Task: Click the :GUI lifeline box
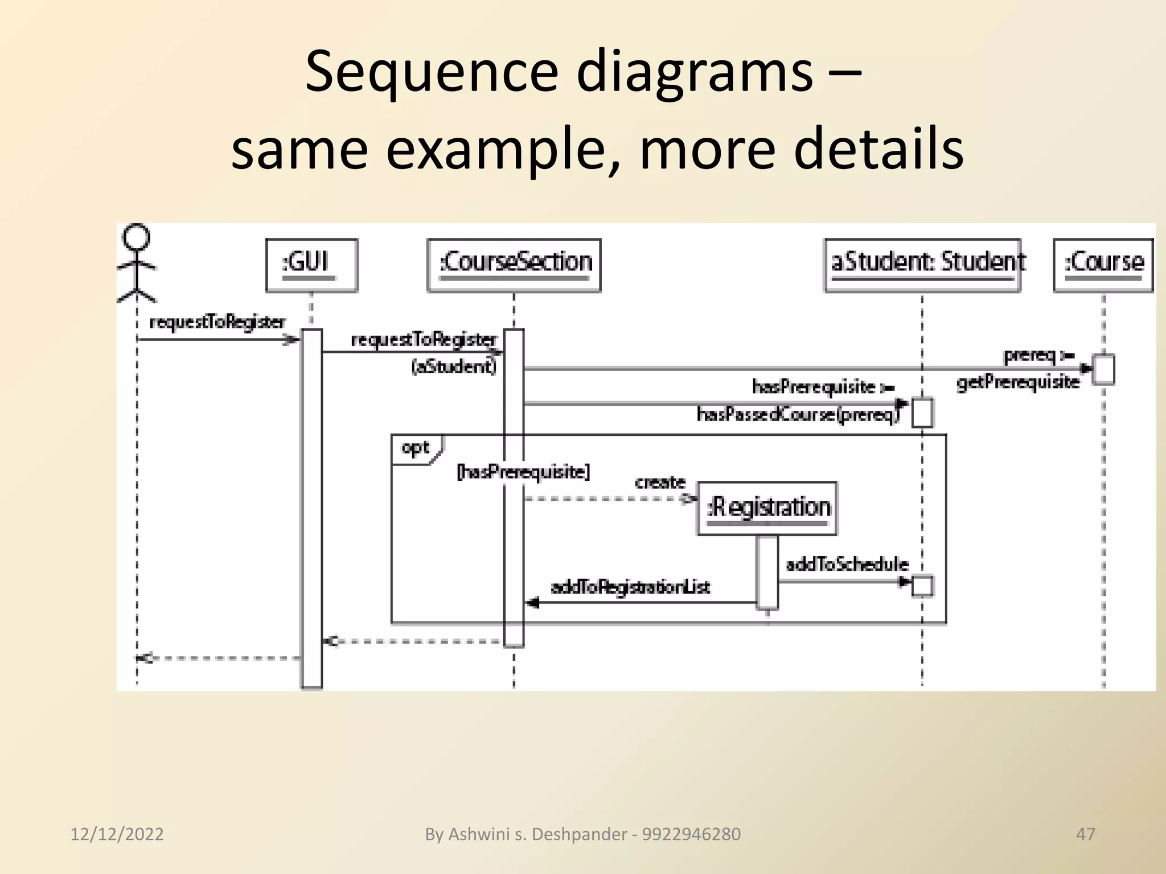[311, 265]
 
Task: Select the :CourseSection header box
[514, 265]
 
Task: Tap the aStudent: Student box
[922, 265]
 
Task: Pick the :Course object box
[1103, 265]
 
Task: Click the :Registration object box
[767, 508]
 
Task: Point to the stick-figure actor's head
[137, 237]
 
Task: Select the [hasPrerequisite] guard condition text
[523, 472]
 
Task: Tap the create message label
[660, 483]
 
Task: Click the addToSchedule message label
[847, 564]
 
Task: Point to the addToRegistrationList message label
[631, 587]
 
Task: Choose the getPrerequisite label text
[1018, 382]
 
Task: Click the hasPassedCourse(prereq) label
[798, 414]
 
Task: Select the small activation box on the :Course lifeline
[1103, 369]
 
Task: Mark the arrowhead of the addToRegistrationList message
[532, 603]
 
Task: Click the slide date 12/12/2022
[117, 834]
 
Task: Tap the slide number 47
[1085, 834]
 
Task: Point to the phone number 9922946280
[691, 834]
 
